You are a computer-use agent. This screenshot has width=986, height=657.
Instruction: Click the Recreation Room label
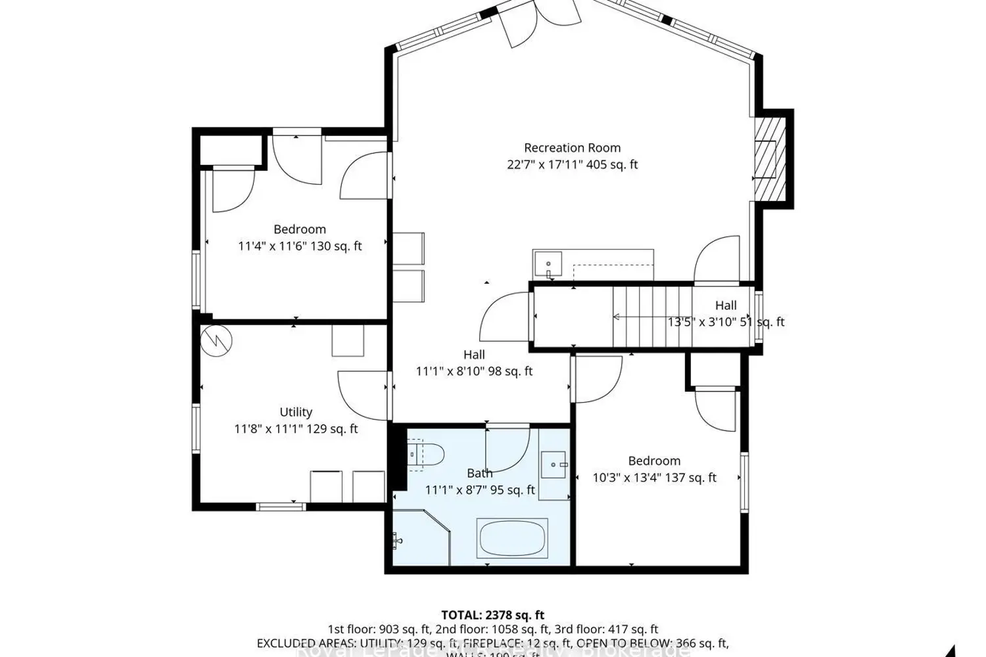point(572,148)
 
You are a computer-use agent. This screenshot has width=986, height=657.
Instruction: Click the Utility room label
point(296,412)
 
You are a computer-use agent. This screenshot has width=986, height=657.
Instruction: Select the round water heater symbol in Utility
point(216,341)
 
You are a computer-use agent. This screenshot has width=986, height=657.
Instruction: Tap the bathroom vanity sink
point(555,464)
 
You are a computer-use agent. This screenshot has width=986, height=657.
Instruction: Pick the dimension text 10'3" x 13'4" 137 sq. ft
point(654,478)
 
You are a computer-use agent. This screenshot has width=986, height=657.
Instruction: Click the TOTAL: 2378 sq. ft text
point(492,615)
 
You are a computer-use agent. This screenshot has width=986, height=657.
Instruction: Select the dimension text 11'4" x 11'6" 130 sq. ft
point(300,246)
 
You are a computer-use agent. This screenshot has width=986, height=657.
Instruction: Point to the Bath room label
point(479,473)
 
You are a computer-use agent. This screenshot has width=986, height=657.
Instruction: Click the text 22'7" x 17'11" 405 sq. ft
point(572,165)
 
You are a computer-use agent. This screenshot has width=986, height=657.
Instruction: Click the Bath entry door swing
point(506,447)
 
